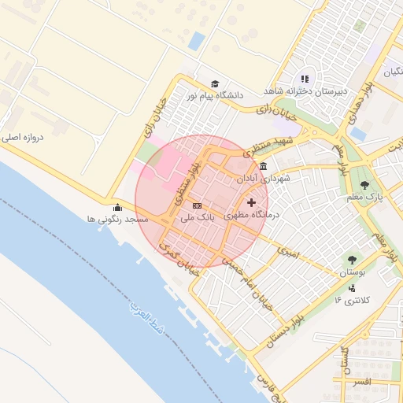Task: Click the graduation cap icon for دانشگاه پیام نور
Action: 214,84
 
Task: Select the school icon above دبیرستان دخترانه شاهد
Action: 305,79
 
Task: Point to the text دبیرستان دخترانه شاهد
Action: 305,91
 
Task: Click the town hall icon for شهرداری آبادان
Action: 262,167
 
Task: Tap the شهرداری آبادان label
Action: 263,179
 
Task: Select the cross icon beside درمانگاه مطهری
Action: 252,203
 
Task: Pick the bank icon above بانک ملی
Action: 196,205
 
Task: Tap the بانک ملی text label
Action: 196,216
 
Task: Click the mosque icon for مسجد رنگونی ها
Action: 117,208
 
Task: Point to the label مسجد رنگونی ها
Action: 117,220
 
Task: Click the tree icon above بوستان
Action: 351,259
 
